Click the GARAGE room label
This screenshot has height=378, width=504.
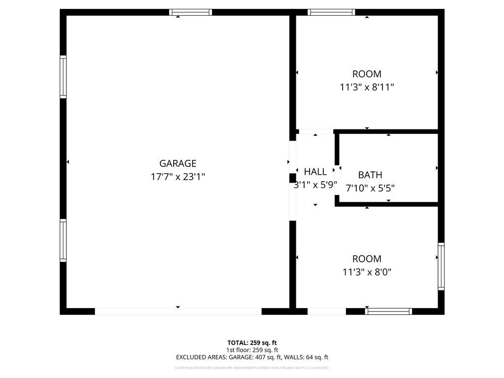click(x=178, y=163)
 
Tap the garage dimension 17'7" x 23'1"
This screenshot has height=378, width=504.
click(x=178, y=177)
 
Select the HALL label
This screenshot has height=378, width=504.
click(x=315, y=172)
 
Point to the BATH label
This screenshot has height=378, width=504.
click(x=370, y=175)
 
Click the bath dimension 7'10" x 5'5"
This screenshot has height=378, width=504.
click(x=370, y=188)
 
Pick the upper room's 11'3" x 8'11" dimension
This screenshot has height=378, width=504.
click(x=367, y=87)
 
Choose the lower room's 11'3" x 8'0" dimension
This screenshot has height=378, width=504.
click(x=367, y=272)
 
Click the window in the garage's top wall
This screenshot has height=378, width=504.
click(x=190, y=12)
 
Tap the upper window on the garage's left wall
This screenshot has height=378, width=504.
click(x=63, y=77)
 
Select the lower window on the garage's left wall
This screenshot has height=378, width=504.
click(x=63, y=240)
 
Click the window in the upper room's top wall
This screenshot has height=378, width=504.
click(x=331, y=12)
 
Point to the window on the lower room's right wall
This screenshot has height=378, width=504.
click(x=441, y=266)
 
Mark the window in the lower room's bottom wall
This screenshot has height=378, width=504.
click(x=389, y=311)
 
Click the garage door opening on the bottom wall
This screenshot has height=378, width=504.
click(x=178, y=311)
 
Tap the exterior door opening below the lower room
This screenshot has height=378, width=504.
click(x=327, y=311)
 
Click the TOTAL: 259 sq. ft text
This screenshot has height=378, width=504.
click(x=252, y=343)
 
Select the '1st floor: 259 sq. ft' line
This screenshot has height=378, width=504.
click(x=252, y=350)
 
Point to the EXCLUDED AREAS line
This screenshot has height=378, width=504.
click(x=252, y=357)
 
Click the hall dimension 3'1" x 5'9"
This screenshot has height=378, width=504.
click(x=315, y=185)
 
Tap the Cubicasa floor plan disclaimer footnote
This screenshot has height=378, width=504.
click(x=252, y=368)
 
